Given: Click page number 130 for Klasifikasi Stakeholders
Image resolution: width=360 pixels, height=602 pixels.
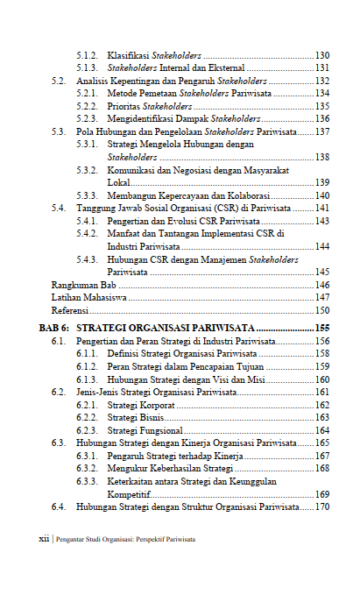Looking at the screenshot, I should [321, 54].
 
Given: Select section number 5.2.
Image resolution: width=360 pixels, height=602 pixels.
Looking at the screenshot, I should [59, 80].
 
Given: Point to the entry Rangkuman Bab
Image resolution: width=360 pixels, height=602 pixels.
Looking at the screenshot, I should [84, 285].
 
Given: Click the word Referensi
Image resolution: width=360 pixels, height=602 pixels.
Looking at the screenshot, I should [70, 310].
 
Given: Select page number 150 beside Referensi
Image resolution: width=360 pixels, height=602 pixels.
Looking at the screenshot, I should [321, 310].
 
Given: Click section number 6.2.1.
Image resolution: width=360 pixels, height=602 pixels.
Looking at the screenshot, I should [87, 405].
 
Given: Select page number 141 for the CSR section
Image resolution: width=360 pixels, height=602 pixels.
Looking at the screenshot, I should [321, 208].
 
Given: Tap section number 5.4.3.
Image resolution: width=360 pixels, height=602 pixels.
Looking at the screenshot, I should [87, 259].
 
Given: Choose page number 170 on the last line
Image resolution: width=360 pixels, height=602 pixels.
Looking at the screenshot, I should [321, 506].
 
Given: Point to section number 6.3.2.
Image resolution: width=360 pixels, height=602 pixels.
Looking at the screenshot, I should [87, 469].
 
